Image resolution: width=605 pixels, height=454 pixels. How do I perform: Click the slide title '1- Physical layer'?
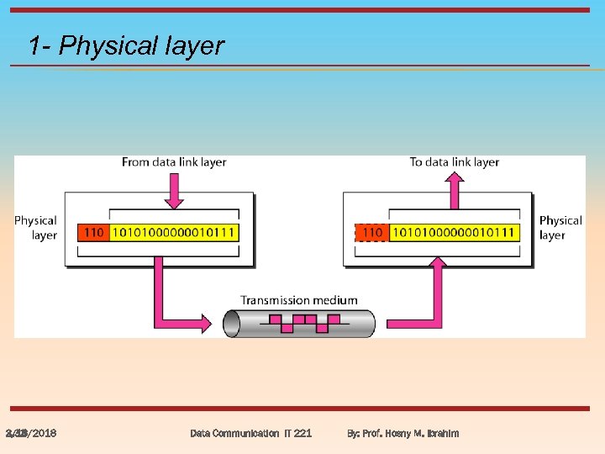[x=126, y=45]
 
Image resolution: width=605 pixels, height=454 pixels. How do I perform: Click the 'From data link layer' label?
[x=174, y=162]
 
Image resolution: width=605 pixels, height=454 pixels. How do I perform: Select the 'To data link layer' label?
[x=455, y=162]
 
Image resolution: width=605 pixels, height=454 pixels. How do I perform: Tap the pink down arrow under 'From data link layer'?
[x=174, y=190]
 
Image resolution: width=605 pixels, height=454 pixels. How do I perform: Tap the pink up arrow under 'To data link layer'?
[x=455, y=188]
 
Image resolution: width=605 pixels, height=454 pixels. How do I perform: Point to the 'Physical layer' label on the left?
[x=36, y=228]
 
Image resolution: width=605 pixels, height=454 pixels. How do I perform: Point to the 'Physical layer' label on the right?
[x=560, y=228]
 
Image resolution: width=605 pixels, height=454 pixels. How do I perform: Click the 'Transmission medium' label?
[x=298, y=300]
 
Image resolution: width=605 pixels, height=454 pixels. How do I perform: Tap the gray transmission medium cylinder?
[x=298, y=323]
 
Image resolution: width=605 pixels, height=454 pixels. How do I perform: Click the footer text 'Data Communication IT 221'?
[x=250, y=433]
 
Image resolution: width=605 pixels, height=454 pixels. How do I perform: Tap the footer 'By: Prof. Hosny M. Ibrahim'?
[x=402, y=433]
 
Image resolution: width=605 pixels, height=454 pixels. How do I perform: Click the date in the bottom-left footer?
[x=31, y=433]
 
